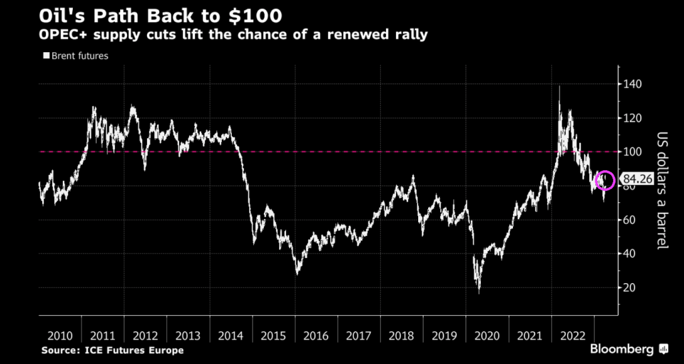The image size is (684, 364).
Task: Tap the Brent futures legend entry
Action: [x=75, y=56]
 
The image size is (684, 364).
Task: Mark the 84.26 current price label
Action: [x=636, y=179]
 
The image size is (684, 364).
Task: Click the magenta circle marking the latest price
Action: [x=605, y=180]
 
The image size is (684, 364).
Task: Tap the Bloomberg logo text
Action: [x=623, y=349]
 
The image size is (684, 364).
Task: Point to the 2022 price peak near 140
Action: [x=559, y=87]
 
